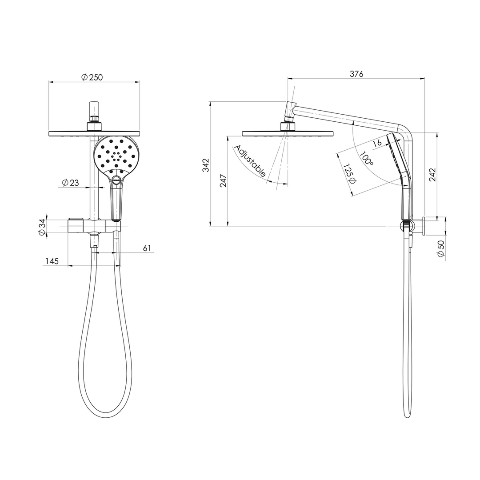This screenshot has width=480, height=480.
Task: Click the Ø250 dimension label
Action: (92, 77)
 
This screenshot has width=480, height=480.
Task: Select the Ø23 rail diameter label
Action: (70, 183)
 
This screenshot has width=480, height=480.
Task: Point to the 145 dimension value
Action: (52, 261)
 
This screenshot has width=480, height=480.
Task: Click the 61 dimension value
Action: (148, 248)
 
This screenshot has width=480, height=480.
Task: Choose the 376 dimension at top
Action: (356, 74)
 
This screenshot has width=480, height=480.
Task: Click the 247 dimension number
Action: (224, 180)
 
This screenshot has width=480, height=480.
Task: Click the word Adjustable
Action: (249, 161)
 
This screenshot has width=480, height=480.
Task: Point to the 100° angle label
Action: (367, 159)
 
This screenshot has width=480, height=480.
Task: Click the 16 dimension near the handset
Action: (377, 143)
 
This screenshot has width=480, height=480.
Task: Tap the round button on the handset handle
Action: (117, 180)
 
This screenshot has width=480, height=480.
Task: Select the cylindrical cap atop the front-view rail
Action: (94, 109)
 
